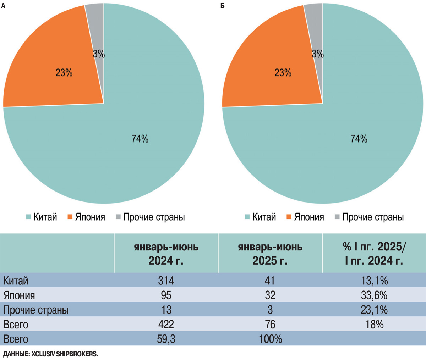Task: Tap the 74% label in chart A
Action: (x=140, y=139)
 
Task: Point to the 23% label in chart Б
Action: (x=283, y=73)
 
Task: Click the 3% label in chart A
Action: (x=99, y=54)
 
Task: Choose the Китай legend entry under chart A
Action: (x=41, y=217)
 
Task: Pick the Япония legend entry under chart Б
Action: (x=305, y=217)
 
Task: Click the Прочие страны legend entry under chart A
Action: (x=151, y=217)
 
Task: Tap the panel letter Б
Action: (x=222, y=6)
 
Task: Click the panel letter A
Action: (x=3, y=6)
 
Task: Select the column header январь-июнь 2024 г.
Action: (x=166, y=254)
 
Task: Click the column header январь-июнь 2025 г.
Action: (x=270, y=254)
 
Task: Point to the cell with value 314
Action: (x=166, y=281)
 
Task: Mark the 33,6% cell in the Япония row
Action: (x=374, y=295)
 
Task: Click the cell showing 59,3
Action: (x=166, y=339)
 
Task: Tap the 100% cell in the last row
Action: (x=270, y=339)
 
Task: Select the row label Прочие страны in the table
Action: (x=36, y=310)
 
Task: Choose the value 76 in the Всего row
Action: (x=270, y=325)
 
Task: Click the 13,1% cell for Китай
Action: (x=374, y=281)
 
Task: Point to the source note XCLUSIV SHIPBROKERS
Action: (x=65, y=354)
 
